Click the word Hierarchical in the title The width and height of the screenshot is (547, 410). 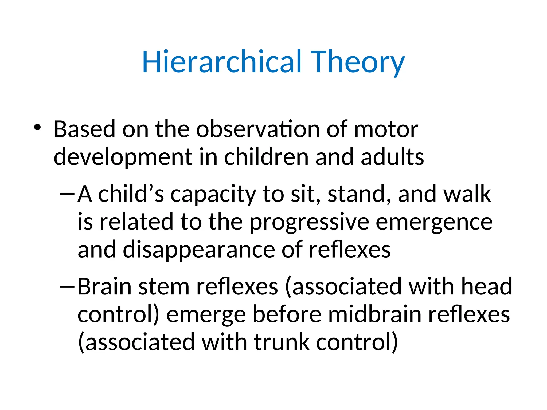point(222,62)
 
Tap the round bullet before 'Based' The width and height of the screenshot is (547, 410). point(37,127)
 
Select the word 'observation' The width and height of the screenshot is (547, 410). point(258,129)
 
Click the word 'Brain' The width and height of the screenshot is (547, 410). point(104,286)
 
